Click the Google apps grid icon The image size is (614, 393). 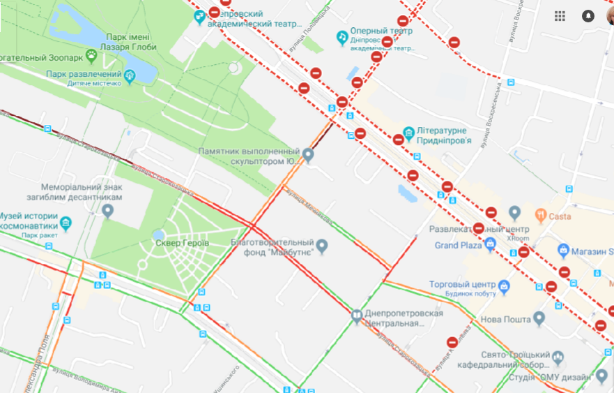(560, 16)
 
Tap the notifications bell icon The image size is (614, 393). (588, 16)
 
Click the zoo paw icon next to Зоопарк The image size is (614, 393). (91, 55)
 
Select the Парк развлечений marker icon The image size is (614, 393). (129, 74)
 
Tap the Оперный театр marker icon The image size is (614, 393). (342, 36)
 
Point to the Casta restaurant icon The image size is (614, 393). (540, 216)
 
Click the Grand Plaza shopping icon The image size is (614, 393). (490, 244)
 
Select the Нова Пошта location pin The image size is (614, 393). (538, 319)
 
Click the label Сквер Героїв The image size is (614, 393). (181, 243)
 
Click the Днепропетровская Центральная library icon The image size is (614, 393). (357, 317)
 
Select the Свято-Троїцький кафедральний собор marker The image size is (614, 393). (558, 358)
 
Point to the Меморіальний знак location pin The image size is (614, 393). (107, 211)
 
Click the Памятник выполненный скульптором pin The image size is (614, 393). (308, 154)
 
